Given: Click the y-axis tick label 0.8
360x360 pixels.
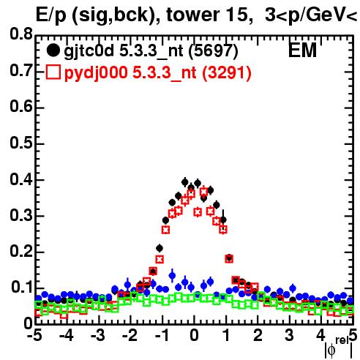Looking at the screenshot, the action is [21, 34].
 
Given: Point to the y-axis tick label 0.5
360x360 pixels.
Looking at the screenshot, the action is [21, 143].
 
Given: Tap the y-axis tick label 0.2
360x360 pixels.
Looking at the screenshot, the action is [21, 251].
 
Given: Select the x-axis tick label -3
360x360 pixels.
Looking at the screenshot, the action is [98, 336].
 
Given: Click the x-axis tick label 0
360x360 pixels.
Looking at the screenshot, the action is [194, 336].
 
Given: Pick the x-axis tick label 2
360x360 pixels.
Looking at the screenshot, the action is [258, 336].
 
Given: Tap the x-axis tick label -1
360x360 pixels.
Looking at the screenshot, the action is [162, 336].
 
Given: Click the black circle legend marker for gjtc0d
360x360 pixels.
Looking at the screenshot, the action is [53, 50].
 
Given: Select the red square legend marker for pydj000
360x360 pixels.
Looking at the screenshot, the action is [53, 72].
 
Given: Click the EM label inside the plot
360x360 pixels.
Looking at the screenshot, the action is [302, 50].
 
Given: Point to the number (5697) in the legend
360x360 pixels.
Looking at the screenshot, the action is [214, 51].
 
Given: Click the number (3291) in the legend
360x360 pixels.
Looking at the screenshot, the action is [227, 73].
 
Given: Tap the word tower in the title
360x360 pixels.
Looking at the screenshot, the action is [193, 15].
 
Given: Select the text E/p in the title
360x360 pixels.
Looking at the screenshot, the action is [50, 15].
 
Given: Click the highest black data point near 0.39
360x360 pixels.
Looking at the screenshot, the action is [185, 182].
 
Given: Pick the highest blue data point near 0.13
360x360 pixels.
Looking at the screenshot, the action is [172, 276].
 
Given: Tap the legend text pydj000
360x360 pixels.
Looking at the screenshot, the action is [96, 73].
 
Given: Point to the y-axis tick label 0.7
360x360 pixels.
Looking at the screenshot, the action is [21, 70].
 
